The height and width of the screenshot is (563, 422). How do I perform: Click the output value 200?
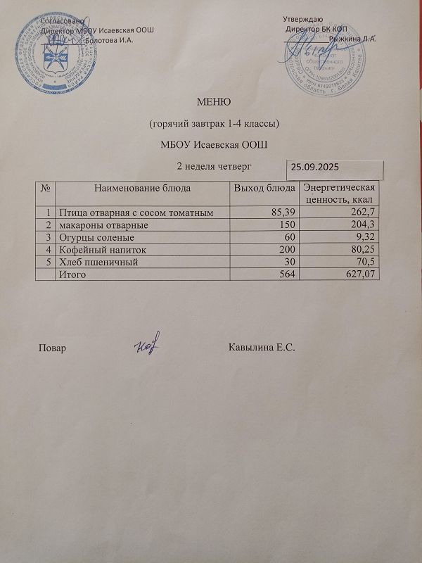tap(286, 250)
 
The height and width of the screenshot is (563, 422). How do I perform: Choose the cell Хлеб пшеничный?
tap(97, 262)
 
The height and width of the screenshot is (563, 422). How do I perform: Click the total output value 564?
tap(286, 275)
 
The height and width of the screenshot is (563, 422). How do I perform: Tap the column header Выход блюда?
tap(264, 188)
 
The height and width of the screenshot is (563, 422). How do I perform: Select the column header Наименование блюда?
tap(143, 188)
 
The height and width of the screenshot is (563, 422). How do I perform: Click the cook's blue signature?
tap(148, 345)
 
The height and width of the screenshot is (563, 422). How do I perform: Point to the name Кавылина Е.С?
tap(261, 348)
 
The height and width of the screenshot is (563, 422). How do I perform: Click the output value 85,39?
tap(279, 213)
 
